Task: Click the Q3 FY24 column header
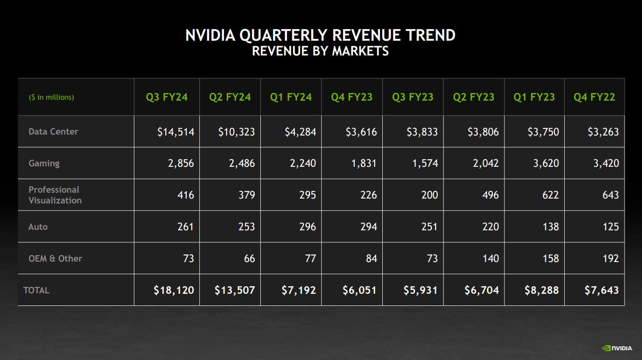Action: [167, 97]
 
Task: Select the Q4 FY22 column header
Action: [594, 97]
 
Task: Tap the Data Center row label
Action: [53, 131]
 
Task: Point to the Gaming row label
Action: [44, 163]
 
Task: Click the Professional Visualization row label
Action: [55, 195]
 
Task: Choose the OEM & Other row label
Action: [55, 258]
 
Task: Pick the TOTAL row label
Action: [36, 290]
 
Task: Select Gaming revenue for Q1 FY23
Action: [546, 163]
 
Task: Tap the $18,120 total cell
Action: [174, 290]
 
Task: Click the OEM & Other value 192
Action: [610, 258]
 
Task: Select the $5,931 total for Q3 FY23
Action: [421, 290]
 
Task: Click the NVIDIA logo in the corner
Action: [617, 347]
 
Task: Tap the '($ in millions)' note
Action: [51, 97]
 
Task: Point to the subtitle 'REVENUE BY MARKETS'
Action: [320, 51]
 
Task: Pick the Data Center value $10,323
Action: [237, 131]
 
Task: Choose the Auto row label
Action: [38, 227]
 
